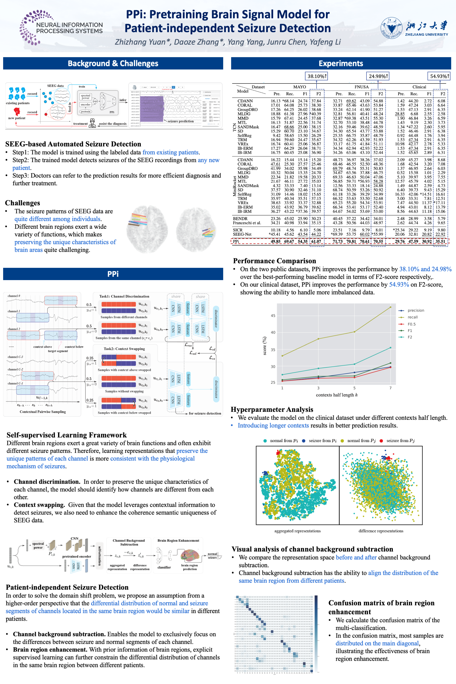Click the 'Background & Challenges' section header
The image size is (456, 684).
(x=113, y=63)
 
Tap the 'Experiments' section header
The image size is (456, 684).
(x=341, y=63)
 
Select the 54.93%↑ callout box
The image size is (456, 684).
(x=439, y=76)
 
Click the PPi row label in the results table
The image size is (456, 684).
(x=236, y=241)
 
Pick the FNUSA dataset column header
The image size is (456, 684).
(x=361, y=87)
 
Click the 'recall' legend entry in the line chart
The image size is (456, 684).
(x=412, y=317)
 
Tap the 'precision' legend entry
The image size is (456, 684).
(x=416, y=310)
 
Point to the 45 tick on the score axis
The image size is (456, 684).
(x=273, y=316)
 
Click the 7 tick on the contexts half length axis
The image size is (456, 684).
(x=390, y=388)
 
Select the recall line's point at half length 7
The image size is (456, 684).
(x=390, y=307)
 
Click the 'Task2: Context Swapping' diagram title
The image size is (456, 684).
(x=124, y=349)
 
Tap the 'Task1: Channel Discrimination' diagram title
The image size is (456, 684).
(x=124, y=296)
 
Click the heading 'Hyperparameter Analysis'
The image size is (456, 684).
(x=272, y=409)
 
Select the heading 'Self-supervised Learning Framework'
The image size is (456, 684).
(x=66, y=435)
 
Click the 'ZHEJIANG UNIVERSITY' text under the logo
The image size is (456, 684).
(x=426, y=35)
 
